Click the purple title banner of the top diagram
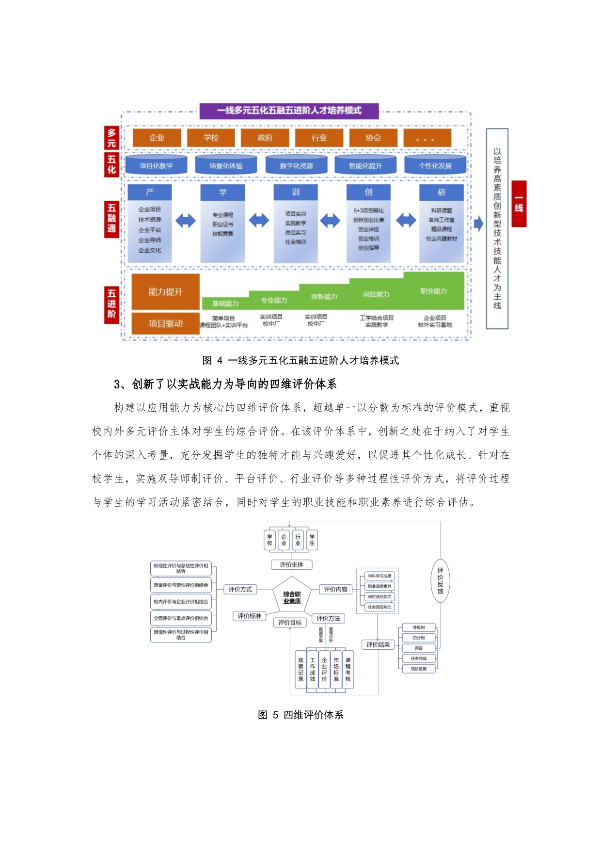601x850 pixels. tap(289, 111)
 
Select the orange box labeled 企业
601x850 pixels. tap(157, 138)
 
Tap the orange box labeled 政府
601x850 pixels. tap(265, 138)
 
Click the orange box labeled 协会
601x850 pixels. tap(373, 138)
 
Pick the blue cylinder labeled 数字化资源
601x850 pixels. tap(296, 166)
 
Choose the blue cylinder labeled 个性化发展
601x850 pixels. tap(435, 166)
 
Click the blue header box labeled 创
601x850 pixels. tap(368, 192)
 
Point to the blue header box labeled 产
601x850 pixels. tap(150, 192)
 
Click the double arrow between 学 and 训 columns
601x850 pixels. tap(259, 221)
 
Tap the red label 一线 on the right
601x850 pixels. tap(519, 204)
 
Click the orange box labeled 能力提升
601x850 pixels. tap(165, 292)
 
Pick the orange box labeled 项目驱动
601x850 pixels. tap(165, 323)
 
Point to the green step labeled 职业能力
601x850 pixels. tap(433, 291)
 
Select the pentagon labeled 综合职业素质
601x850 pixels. tap(292, 597)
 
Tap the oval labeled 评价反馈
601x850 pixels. tap(440, 581)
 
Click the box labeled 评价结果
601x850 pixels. tap(378, 644)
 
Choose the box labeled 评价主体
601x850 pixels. tap(291, 564)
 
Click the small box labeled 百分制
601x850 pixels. tap(419, 638)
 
